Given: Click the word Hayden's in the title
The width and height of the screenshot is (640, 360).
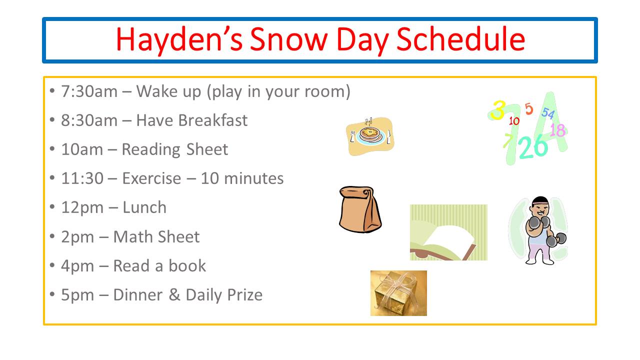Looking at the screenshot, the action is [179, 39].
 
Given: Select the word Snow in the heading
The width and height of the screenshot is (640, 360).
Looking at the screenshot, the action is [289, 39].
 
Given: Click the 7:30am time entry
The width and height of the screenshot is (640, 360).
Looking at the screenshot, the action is [89, 91].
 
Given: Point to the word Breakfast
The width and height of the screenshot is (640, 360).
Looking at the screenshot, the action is [212, 120].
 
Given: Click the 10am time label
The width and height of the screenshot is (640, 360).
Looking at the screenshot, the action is [82, 149].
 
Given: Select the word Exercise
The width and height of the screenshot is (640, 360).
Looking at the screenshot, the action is [151, 178].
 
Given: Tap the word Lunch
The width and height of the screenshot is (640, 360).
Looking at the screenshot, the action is [144, 207].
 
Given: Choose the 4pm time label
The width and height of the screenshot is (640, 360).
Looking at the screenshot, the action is [77, 266].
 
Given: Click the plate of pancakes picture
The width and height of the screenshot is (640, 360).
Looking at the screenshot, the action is [370, 136].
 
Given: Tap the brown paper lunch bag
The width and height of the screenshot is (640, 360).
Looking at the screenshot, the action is [360, 209].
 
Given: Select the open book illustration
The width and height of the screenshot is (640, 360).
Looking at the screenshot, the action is [448, 232].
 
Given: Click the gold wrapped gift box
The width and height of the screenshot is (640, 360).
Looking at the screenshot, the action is [398, 293].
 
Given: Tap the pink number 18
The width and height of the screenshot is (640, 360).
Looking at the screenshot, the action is [557, 130].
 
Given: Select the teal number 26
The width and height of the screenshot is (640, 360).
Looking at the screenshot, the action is [533, 146].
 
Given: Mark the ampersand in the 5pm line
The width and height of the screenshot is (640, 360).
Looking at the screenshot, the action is [174, 295].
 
